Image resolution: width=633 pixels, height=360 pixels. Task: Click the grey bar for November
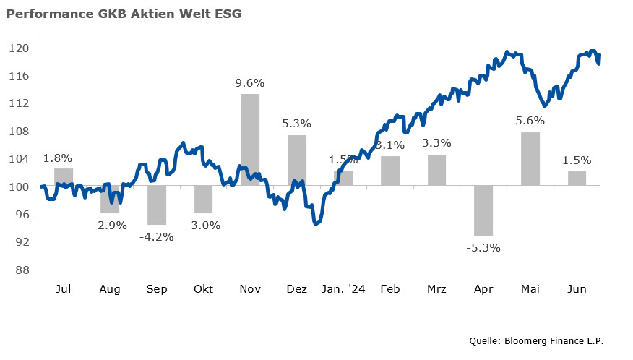pyautogui.click(x=250, y=140)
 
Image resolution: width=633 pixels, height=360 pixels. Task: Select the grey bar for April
pyautogui.click(x=483, y=210)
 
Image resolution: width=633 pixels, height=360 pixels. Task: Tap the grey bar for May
pyautogui.click(x=530, y=159)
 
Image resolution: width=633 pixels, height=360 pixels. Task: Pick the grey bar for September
pyautogui.click(x=157, y=205)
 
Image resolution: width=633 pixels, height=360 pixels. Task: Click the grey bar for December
pyautogui.click(x=297, y=160)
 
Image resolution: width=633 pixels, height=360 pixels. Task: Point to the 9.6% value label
pyautogui.click(x=250, y=82)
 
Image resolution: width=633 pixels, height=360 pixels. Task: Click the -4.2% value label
pyautogui.click(x=157, y=236)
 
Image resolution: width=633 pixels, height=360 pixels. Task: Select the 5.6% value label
pyautogui.click(x=530, y=121)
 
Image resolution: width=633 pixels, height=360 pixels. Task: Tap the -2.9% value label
pyautogui.click(x=110, y=225)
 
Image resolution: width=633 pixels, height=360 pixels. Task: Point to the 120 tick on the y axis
pyautogui.click(x=19, y=48)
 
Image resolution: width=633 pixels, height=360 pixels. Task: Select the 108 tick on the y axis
pyautogui.click(x=19, y=132)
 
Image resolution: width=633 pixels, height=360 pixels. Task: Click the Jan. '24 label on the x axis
pyautogui.click(x=343, y=289)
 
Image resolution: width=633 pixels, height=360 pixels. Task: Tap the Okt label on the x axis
pyautogui.click(x=203, y=289)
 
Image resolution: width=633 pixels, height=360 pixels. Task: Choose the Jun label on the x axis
pyautogui.click(x=577, y=289)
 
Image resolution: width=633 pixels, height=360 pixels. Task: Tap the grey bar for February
pyautogui.click(x=390, y=171)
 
